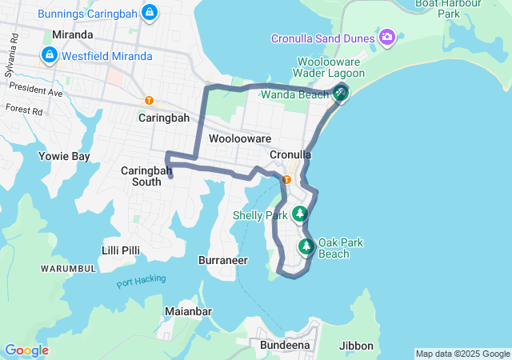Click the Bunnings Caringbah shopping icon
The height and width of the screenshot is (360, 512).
149,13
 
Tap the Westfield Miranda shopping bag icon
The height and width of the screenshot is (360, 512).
50,55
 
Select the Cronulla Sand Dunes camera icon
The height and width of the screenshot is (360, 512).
388,37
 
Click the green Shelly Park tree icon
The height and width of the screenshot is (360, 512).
299,214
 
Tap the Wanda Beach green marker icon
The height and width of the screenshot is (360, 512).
341,94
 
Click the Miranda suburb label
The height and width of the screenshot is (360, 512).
72,35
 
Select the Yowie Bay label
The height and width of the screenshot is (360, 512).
64,157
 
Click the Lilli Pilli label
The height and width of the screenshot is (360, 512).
121,250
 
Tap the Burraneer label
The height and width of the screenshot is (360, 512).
222,260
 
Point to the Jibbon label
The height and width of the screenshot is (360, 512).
356,346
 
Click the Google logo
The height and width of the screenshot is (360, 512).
26,350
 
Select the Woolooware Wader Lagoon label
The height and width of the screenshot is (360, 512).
330,67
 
